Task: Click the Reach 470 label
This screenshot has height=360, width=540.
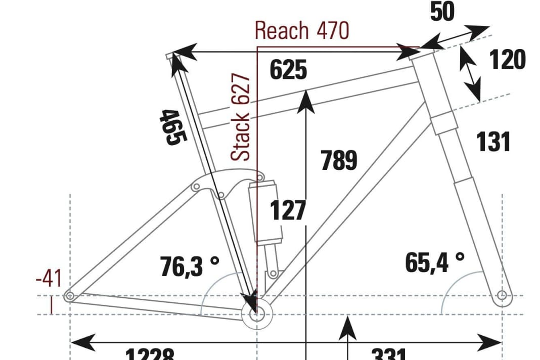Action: (x=301, y=30)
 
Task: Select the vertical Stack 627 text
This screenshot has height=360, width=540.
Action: (x=241, y=117)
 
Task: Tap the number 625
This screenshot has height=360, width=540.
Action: (x=288, y=70)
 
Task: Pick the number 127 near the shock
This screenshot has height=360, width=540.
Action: (x=288, y=210)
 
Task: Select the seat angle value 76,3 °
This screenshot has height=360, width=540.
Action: (x=190, y=267)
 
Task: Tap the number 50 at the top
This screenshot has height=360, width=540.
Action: (x=442, y=12)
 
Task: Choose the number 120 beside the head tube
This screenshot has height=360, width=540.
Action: (x=507, y=61)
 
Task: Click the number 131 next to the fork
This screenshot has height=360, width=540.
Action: (x=493, y=142)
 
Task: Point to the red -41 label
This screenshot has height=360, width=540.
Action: (x=49, y=279)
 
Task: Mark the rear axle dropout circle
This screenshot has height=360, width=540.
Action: (x=70, y=296)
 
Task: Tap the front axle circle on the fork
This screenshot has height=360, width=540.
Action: (x=502, y=295)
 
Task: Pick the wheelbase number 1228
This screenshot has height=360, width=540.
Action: (x=149, y=354)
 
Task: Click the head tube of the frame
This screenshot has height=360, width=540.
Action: (x=432, y=88)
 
